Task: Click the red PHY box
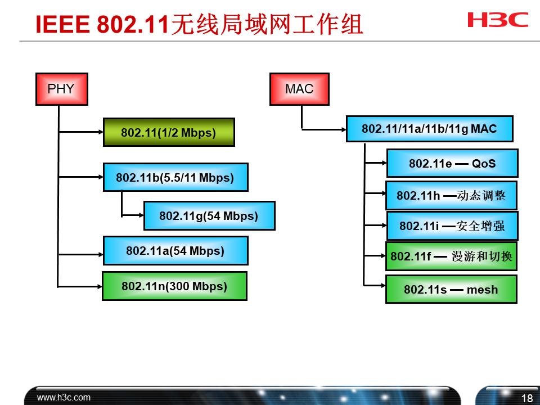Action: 61,89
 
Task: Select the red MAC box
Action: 299,89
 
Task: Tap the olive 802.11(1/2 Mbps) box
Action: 168,132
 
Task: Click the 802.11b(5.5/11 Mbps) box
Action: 175,177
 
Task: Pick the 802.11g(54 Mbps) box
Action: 209,216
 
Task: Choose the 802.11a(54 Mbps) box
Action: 175,250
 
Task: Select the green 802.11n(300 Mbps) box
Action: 174,286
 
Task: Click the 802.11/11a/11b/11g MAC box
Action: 429,129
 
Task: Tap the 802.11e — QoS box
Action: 452,163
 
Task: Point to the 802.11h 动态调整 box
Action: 451,195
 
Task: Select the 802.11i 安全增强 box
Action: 452,226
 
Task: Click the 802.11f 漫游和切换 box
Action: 451,256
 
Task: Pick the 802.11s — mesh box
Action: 451,289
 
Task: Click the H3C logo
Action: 498,20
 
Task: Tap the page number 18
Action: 527,398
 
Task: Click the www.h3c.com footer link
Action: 64,397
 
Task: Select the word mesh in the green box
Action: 482,290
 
